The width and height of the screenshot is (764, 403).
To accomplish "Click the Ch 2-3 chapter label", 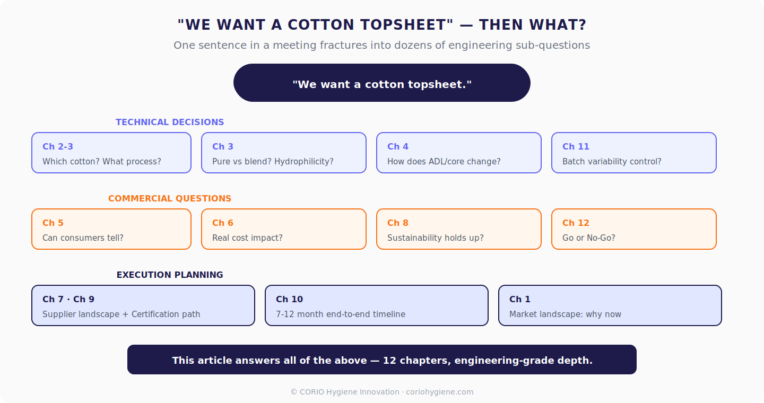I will tap(58, 146).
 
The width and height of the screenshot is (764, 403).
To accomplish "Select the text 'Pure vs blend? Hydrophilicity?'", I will tap(273, 161).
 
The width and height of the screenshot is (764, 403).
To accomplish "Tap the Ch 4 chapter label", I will tap(398, 146).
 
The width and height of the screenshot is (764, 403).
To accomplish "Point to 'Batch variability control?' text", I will tap(612, 161).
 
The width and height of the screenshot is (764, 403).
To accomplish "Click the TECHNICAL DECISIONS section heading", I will tap(170, 122).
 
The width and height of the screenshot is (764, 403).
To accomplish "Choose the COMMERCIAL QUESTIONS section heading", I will tap(170, 198).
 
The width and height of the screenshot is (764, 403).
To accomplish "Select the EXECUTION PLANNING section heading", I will tap(170, 275).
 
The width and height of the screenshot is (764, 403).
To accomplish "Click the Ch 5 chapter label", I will tap(53, 223).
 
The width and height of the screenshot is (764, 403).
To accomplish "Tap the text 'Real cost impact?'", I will tap(247, 238).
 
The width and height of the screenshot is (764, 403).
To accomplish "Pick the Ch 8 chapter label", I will tap(398, 223).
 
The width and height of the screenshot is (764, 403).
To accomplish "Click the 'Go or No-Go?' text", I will tap(589, 238).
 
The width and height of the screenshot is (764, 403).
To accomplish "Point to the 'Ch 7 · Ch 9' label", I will tap(68, 299).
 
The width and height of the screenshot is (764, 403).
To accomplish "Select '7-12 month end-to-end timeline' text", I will tap(341, 314).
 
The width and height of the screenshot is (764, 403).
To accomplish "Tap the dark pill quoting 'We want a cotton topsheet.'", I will tap(382, 83).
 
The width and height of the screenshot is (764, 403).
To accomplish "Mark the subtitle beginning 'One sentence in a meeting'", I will tap(382, 45).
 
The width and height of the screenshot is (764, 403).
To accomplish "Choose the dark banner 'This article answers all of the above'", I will tap(382, 360).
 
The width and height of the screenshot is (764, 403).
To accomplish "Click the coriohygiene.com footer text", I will tap(440, 392).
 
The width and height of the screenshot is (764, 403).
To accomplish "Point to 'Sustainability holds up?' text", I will tap(436, 238).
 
